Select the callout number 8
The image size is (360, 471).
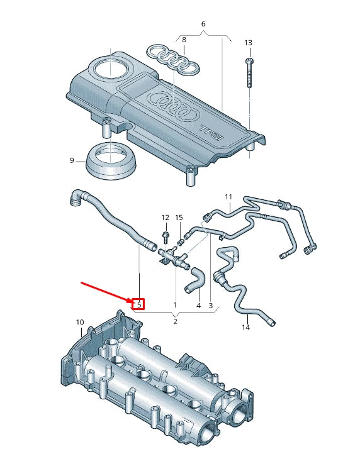tap(184, 40)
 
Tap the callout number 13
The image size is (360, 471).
tap(248, 43)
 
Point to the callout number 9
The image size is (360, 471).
tap(72, 161)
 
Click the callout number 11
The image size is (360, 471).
tap(228, 197)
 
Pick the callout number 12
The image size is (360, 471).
tap(166, 218)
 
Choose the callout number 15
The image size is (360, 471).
tap(179, 218)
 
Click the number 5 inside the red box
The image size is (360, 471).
tap(139, 305)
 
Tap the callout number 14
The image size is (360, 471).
tap(246, 328)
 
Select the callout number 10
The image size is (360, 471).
tap(80, 323)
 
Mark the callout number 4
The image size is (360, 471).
tap(198, 306)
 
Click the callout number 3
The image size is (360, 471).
tap(211, 306)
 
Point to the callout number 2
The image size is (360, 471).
tap(175, 321)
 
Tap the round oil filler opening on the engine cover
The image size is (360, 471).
tap(111, 69)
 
